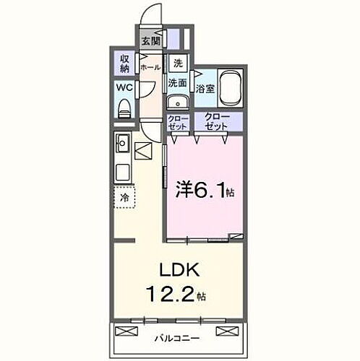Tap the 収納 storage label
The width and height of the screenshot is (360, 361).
click(x=124, y=64)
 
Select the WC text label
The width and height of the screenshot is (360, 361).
click(x=124, y=90)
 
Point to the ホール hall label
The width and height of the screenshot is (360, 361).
click(x=150, y=67)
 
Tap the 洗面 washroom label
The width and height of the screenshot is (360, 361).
click(x=178, y=83)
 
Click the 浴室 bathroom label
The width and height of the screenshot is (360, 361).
click(x=205, y=89)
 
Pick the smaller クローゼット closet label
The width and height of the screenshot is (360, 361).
click(x=177, y=121)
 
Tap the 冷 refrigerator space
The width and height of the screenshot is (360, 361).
click(x=124, y=195)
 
